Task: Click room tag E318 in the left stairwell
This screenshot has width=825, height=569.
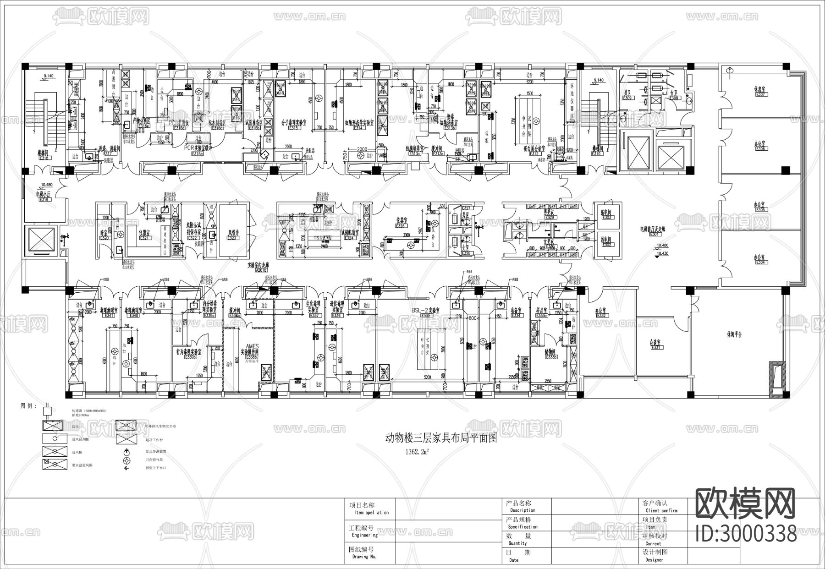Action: (x=44, y=158)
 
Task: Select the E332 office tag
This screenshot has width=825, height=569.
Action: (x=601, y=315)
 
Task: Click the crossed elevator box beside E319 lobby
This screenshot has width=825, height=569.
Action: (x=42, y=240)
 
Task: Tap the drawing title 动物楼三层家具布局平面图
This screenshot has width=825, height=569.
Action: (x=440, y=438)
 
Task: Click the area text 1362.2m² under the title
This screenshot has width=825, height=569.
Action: (x=416, y=451)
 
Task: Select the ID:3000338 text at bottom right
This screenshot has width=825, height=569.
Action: (x=746, y=534)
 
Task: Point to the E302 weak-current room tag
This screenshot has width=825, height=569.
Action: (x=607, y=245)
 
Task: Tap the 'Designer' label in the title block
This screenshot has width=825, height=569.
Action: (x=654, y=560)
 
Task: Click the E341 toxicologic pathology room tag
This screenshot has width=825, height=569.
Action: (x=109, y=315)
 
